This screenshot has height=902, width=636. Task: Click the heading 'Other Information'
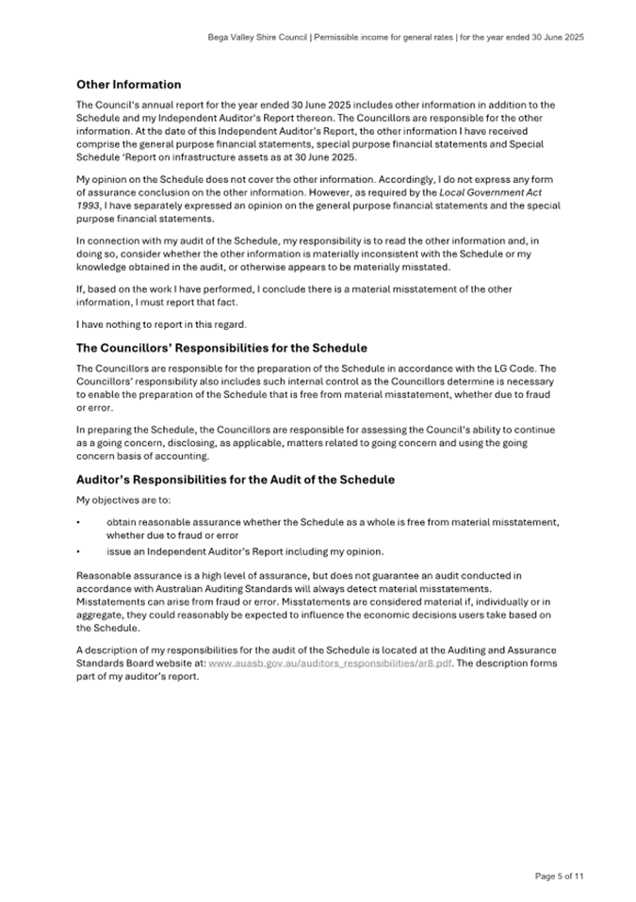[128, 85]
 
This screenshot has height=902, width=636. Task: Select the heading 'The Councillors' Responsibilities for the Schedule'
[221, 348]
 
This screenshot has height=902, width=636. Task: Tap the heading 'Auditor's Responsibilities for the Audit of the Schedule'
[235, 480]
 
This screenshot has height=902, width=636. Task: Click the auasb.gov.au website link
[330, 664]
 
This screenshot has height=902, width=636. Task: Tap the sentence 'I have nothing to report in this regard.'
[161, 324]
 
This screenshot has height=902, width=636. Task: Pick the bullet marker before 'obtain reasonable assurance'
[78, 522]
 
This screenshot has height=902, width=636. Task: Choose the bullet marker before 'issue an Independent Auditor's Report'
[78, 551]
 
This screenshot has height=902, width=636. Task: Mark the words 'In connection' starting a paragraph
[106, 241]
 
